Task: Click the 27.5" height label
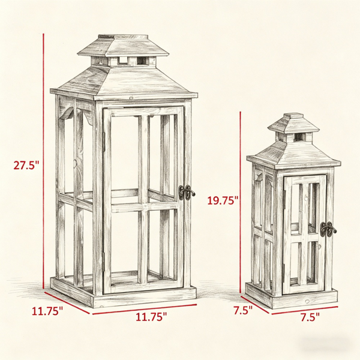pos(26,165)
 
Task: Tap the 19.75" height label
pos(223,200)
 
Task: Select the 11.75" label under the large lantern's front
pos(151,317)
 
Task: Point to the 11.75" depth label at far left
pos(47,311)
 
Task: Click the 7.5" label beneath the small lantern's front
pos(310,317)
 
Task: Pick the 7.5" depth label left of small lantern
pos(243,310)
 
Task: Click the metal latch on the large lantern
pos(187,193)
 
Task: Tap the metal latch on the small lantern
pos(328,229)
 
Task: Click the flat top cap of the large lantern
pos(123,37)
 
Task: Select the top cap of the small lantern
pos(293,115)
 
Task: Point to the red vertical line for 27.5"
pos(43,161)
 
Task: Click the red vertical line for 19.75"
pos(240,202)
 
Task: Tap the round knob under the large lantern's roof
pos(131,98)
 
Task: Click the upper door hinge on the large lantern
pos(104,142)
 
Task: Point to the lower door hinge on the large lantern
pos(104,262)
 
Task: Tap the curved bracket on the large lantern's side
pos(67,114)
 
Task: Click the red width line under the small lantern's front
pos(305,310)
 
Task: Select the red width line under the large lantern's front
pos(145,309)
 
